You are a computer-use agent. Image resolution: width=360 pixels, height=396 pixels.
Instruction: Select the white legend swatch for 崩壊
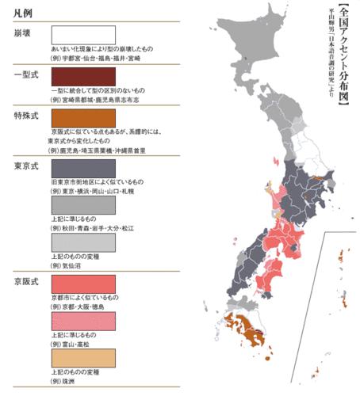[82, 36]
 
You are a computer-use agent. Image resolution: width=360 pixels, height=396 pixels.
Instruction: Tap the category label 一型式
[25, 74]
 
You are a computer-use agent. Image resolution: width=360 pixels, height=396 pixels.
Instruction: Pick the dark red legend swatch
[82, 77]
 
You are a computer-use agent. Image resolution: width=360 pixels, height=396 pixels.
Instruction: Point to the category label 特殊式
[25, 116]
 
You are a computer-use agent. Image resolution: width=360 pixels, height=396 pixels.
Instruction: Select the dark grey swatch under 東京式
[82, 168]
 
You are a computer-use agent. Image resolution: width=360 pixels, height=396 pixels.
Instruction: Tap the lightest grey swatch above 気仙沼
[82, 242]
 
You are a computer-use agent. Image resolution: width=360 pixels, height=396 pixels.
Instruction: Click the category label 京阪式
[25, 281]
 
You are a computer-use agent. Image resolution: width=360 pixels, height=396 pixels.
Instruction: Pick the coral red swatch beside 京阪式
[82, 284]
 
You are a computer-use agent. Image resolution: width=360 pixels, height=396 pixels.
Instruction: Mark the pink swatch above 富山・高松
[82, 321]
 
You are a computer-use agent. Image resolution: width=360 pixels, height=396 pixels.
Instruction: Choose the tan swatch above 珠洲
[82, 358]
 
